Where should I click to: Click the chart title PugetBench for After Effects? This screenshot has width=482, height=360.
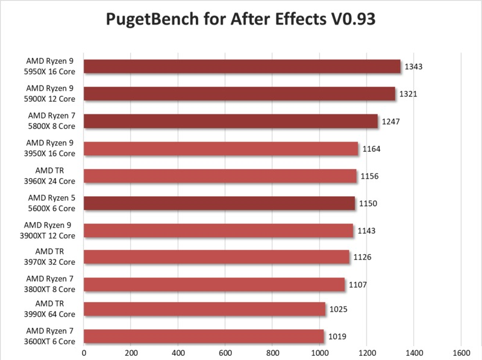coord(240,19)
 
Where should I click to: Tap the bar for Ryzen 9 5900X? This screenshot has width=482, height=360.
coord(239,93)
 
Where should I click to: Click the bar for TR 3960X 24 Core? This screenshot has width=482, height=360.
coord(220,176)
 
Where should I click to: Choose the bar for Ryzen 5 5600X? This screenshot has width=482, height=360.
coord(219,203)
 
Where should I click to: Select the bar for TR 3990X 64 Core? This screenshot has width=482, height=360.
coord(204,309)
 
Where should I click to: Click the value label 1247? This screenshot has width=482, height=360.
coord(391,121)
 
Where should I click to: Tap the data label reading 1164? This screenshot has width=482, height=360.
coord(371,149)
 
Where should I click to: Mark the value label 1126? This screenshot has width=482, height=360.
coord(362,257)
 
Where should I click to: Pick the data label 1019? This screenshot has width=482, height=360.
coord(337,337)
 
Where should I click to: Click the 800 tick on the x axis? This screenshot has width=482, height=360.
coord(272,352)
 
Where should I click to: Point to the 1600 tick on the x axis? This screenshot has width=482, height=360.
coord(461,352)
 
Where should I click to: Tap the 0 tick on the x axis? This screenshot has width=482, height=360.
coord(84,352)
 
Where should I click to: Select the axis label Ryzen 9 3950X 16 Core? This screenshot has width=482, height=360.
coord(51,148)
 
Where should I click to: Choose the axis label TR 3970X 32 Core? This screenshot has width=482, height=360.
coord(51,256)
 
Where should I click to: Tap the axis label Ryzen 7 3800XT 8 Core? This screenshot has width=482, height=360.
coord(51,284)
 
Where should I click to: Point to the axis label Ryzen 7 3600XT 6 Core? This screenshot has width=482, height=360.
coord(51,337)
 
